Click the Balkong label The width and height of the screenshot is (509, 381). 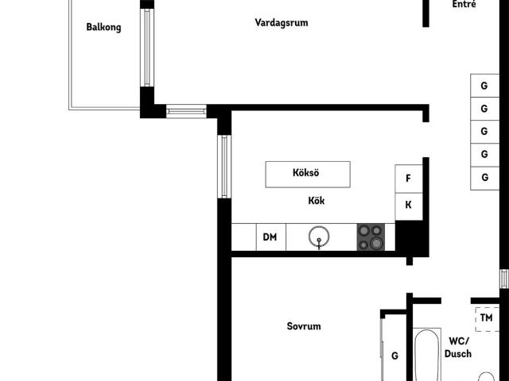pos(103,27)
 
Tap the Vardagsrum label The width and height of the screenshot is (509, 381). pos(282,23)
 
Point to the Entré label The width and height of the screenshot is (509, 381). pos(464,4)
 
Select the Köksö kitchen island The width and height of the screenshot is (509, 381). pos(308,175)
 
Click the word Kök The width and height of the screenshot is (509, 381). pos(317,201)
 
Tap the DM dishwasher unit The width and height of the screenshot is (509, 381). pos(270,237)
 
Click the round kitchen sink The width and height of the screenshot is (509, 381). pos(319,237)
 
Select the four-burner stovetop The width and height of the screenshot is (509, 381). pos(371,237)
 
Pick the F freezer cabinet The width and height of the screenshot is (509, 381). pos(409,179)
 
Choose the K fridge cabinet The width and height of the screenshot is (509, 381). pos(409,206)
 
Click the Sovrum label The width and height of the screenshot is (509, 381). pos(304,326)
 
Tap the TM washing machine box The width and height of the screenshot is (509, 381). pos(487,319)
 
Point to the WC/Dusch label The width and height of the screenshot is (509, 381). pos(458,348)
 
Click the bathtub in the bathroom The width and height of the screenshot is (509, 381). pos(426,355)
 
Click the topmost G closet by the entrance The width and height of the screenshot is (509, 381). pos(484,86)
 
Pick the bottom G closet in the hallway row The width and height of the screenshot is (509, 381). pos(484,178)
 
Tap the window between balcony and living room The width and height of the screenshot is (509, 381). pos(147,48)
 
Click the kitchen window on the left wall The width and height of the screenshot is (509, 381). pos(224,167)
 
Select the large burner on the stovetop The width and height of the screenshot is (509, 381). pos(376,244)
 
